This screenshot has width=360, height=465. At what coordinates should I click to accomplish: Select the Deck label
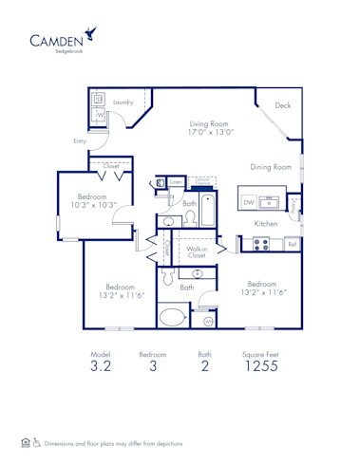(x=283, y=106)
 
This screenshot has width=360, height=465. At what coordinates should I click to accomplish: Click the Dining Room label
(x=271, y=167)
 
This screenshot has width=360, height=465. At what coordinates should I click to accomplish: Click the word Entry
(x=79, y=140)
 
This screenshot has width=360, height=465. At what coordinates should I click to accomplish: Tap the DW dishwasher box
(x=248, y=202)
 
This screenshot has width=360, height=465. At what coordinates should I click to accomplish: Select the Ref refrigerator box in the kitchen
(x=292, y=245)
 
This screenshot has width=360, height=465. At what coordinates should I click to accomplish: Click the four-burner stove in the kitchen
(x=260, y=244)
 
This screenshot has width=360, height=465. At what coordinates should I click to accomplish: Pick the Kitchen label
(x=265, y=223)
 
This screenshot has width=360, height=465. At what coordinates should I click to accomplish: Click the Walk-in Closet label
(x=197, y=251)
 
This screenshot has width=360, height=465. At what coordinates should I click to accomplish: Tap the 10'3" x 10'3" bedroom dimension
(x=97, y=205)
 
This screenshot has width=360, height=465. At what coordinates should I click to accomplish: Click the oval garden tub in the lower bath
(x=175, y=317)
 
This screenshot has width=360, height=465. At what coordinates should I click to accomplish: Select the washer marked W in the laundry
(x=98, y=116)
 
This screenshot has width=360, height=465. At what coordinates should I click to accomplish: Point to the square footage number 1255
(x=261, y=367)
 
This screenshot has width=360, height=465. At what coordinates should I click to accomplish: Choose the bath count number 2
(x=205, y=367)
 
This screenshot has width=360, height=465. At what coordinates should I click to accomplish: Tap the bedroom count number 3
(x=152, y=367)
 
